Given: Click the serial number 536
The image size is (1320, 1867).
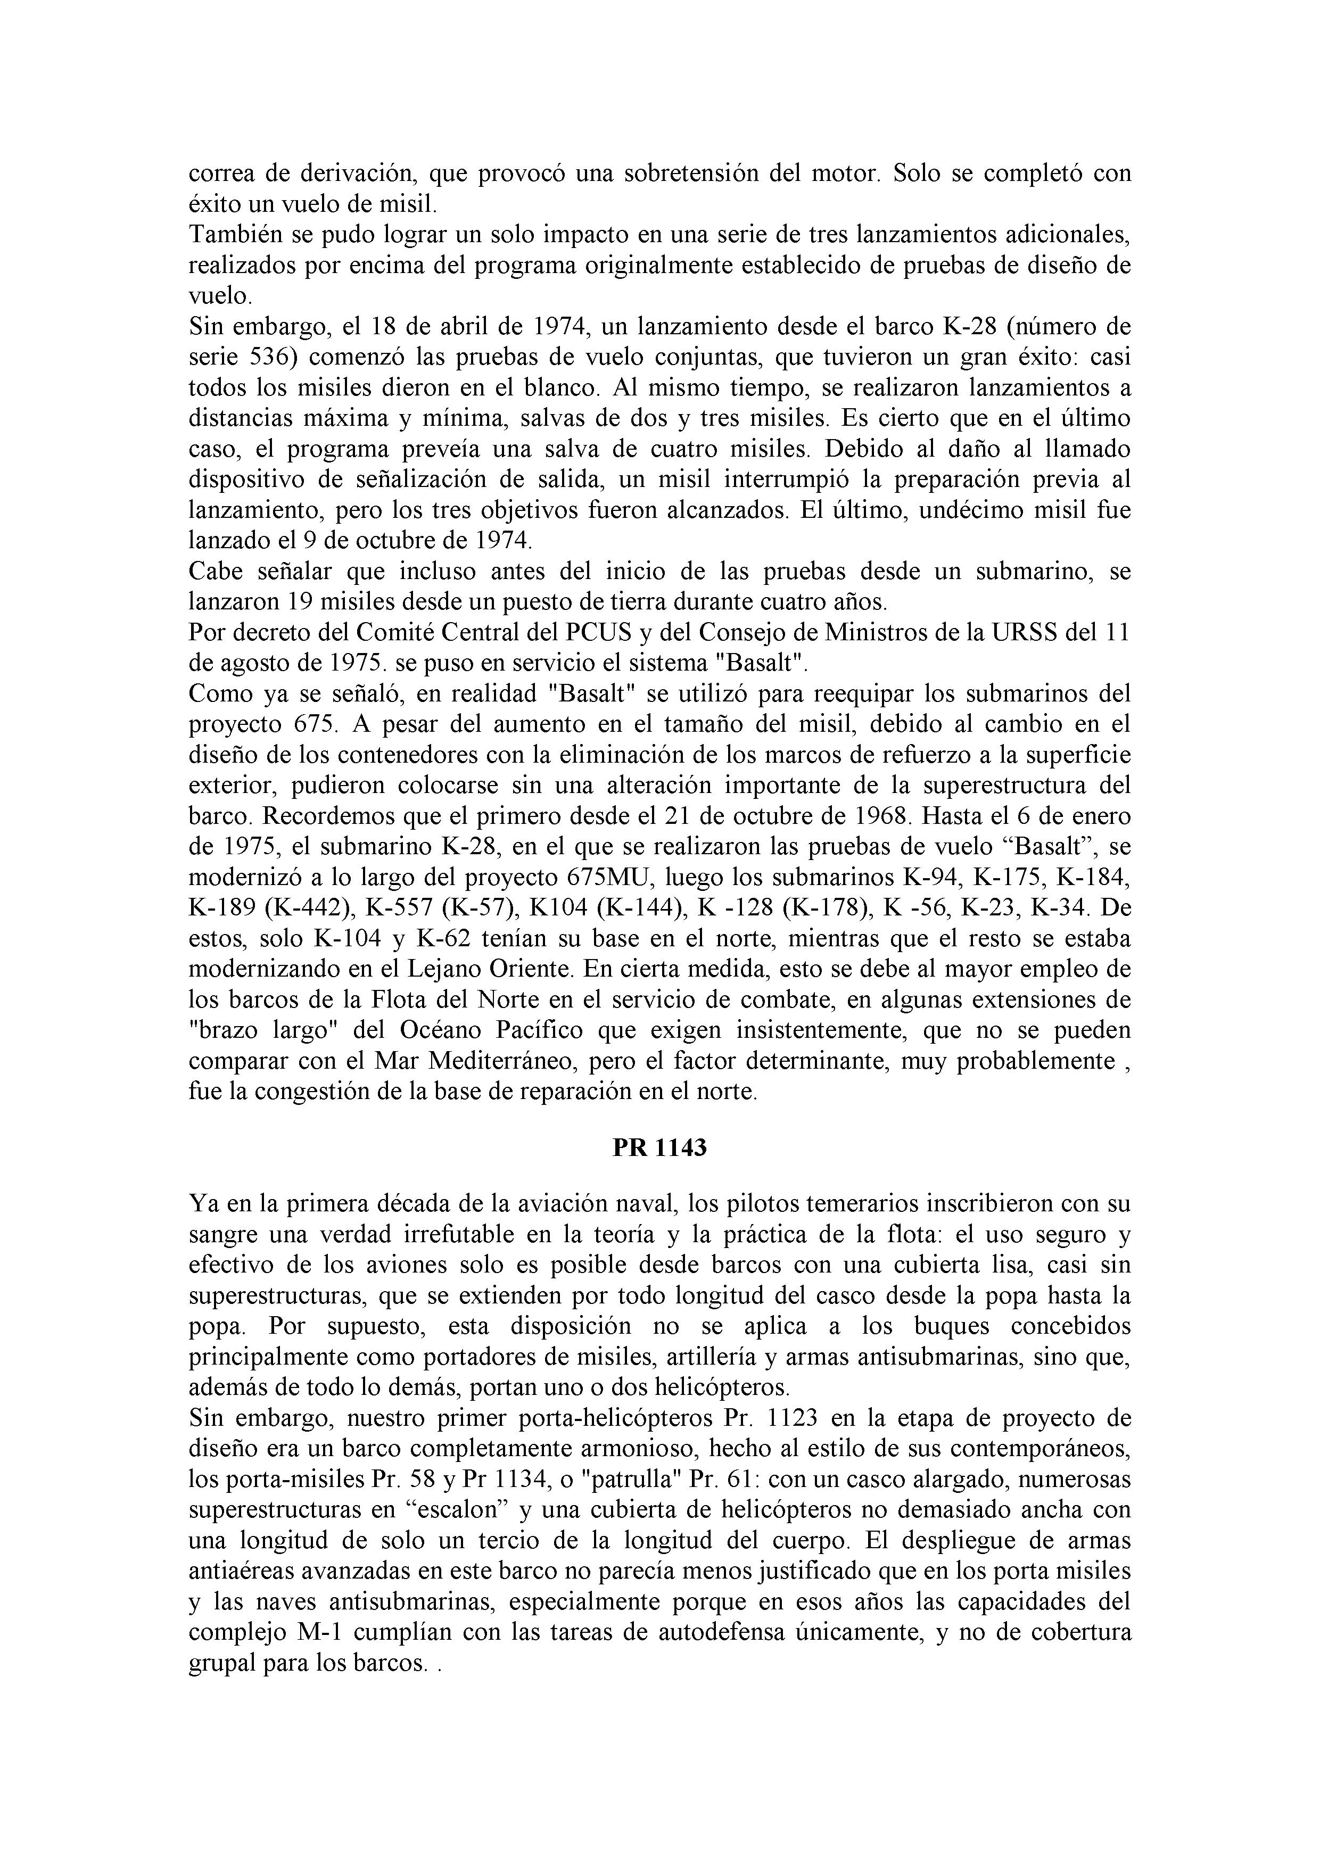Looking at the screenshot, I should (268, 357).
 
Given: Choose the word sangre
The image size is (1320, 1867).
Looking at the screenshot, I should (228, 1234).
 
